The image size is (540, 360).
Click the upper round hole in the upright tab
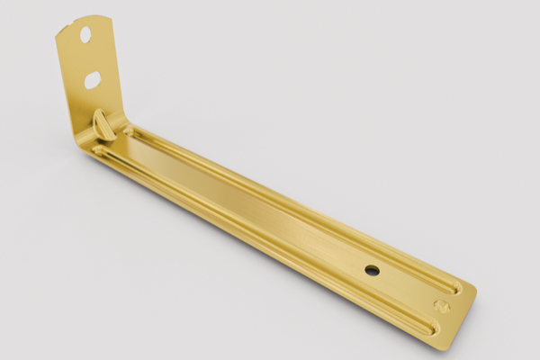tap(85, 35)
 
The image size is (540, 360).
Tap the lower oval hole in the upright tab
tap(93, 80)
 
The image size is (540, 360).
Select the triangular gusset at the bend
tap(103, 124)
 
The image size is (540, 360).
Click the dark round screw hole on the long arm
tap(372, 269)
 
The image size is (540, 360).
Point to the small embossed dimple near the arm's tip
tap(441, 306)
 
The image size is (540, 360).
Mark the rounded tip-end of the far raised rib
tap(457, 289)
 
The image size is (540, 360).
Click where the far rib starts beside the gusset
tap(129, 131)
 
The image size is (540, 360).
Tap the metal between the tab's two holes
tap(89, 58)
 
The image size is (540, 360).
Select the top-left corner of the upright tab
tap(57, 33)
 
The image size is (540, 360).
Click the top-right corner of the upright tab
tap(111, 17)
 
